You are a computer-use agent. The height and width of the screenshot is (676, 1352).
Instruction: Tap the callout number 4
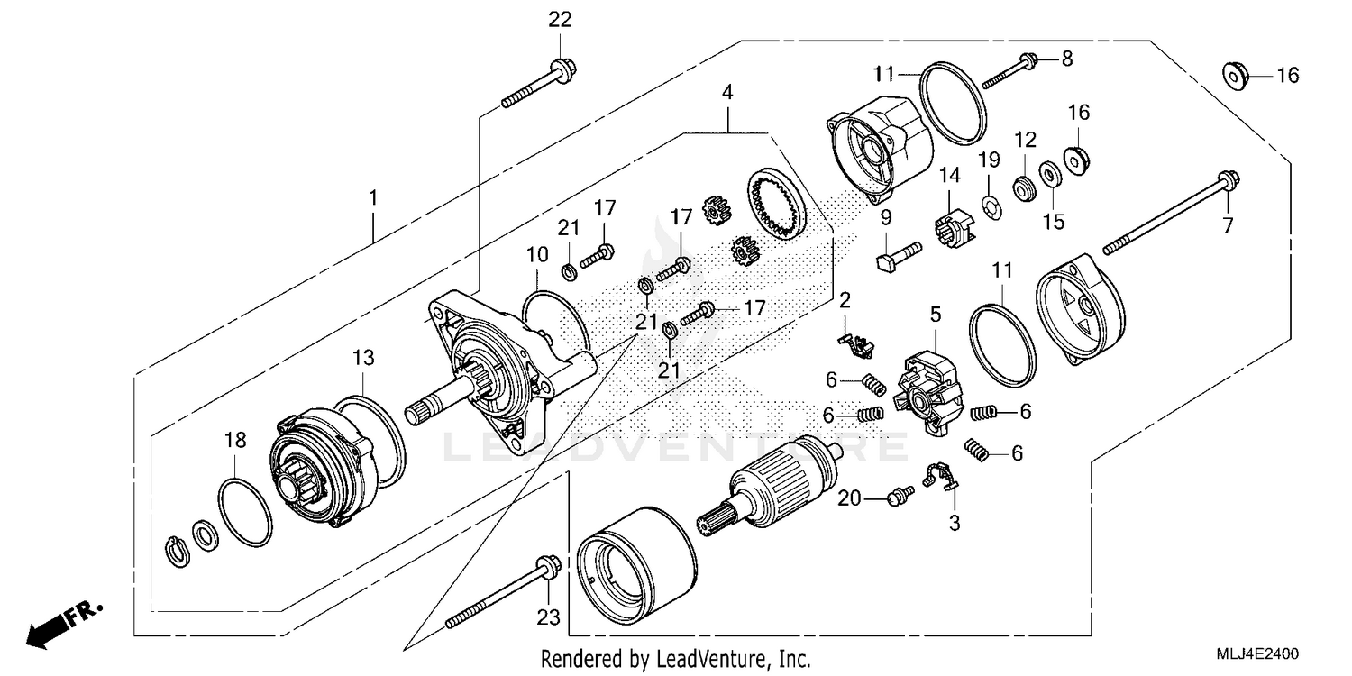pyautogui.click(x=726, y=92)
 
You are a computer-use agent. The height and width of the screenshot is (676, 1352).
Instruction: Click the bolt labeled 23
pyautogui.click(x=500, y=594)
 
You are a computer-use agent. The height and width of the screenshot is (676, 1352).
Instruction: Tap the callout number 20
pyautogui.click(x=851, y=498)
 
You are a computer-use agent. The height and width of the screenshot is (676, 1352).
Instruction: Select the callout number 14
pyautogui.click(x=949, y=176)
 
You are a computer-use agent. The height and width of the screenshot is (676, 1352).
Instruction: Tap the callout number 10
pyautogui.click(x=537, y=254)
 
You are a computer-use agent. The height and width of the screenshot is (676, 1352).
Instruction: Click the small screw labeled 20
pyautogui.click(x=900, y=493)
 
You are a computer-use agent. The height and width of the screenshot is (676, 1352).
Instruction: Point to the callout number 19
pyautogui.click(x=990, y=160)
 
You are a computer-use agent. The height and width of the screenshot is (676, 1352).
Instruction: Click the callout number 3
pyautogui.click(x=954, y=522)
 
